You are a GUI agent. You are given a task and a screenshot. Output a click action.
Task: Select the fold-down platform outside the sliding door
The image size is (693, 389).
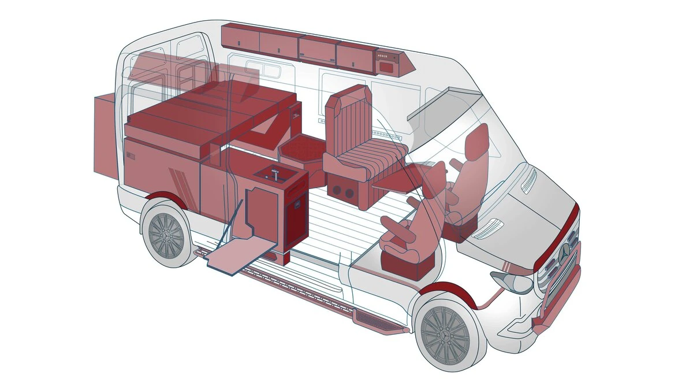(241, 255)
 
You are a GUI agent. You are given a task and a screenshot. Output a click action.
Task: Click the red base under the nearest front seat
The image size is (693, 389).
(410, 266)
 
